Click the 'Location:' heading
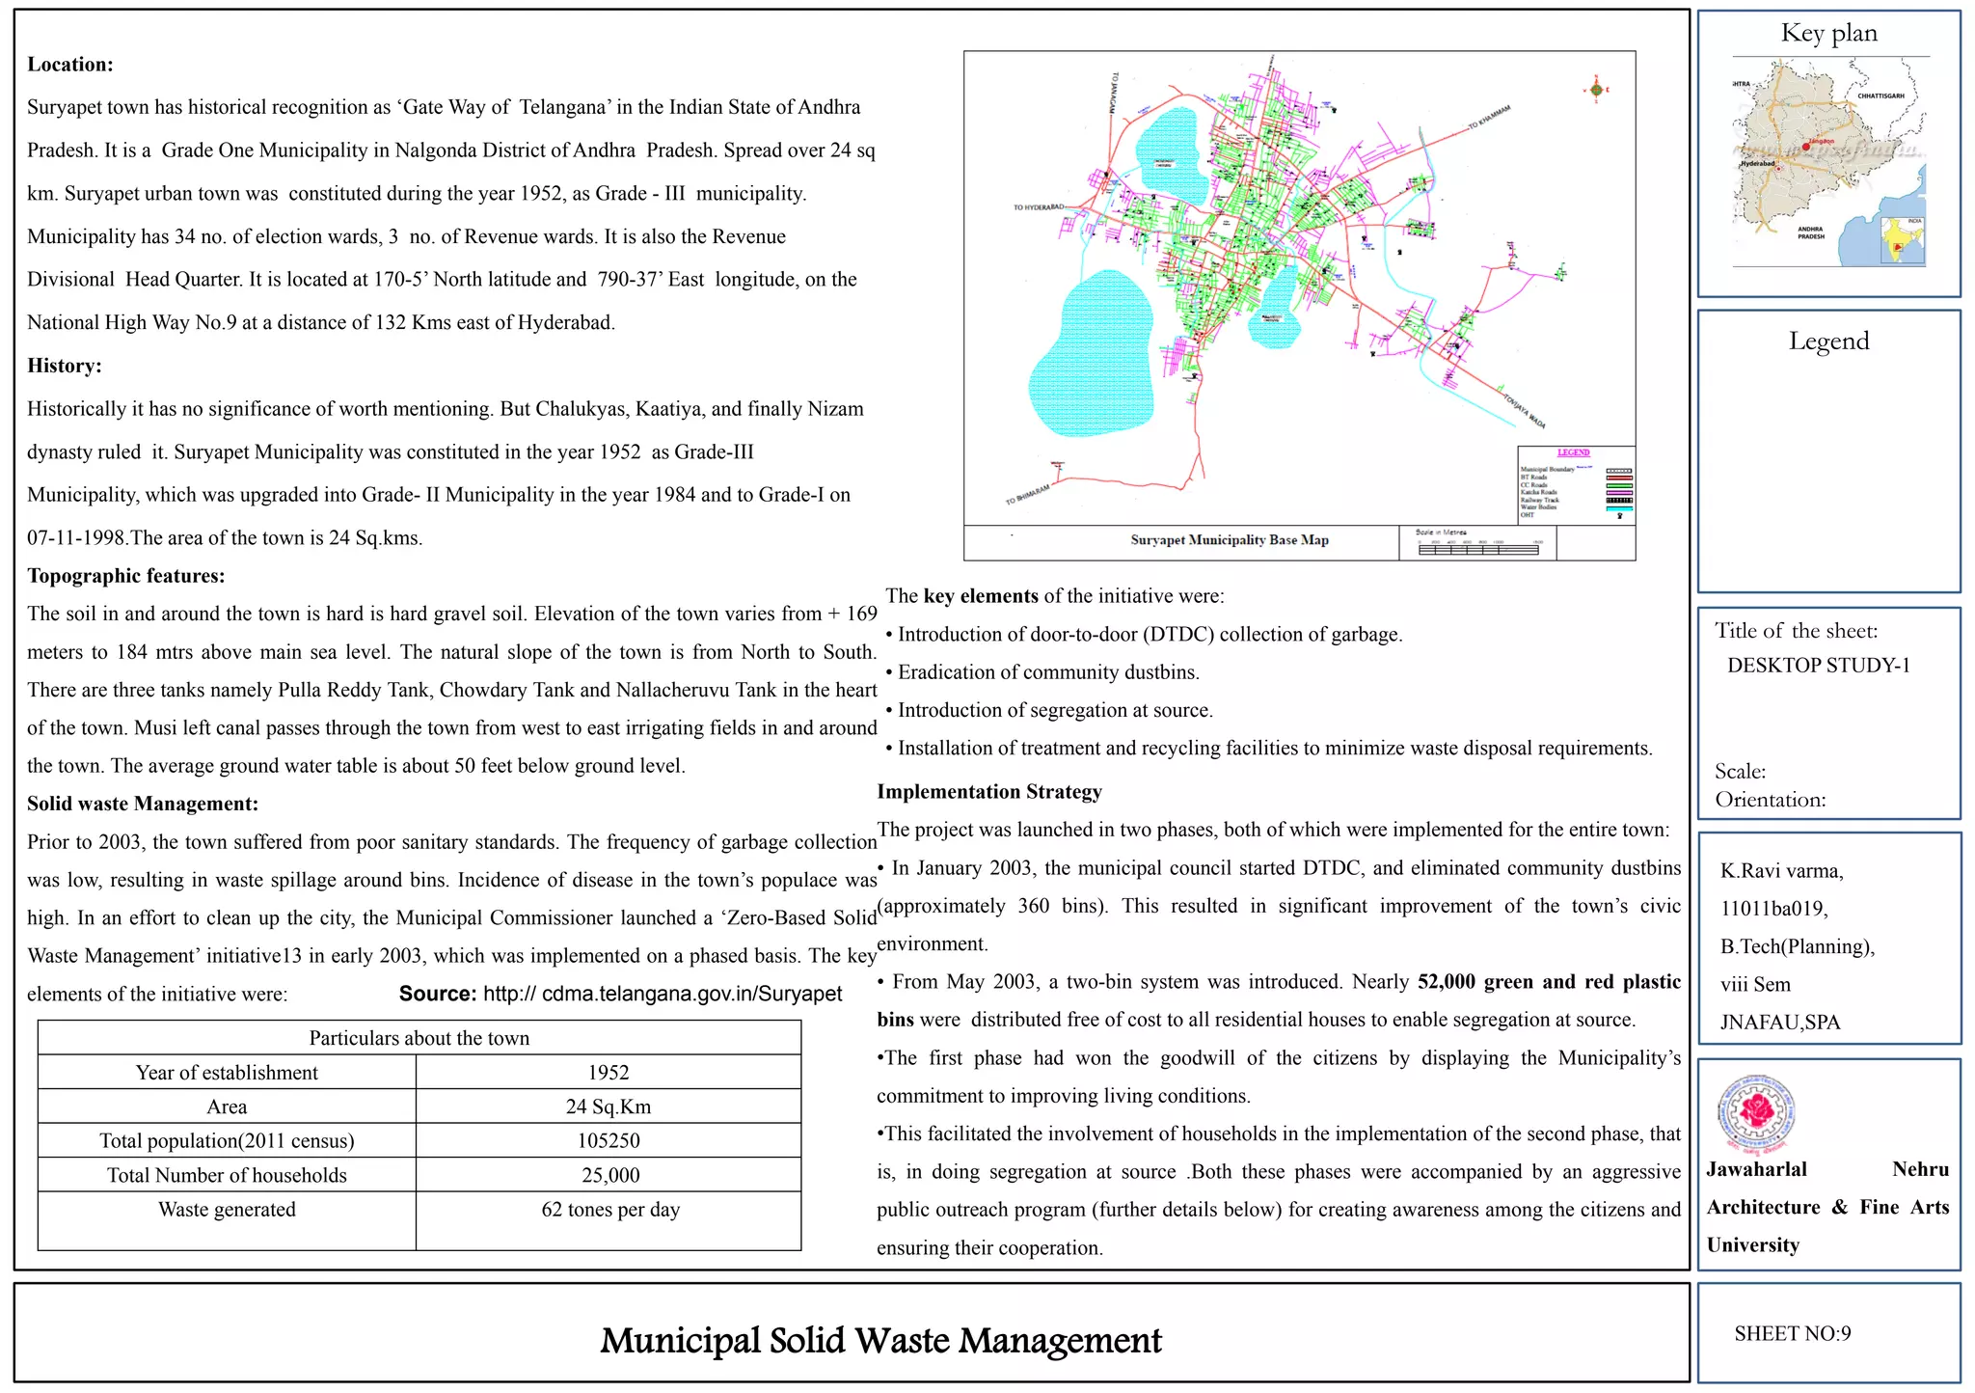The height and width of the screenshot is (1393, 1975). (70, 65)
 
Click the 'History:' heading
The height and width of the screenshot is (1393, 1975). (65, 366)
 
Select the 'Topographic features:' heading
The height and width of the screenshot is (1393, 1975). (126, 576)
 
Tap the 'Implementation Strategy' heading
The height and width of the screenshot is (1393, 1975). (989, 792)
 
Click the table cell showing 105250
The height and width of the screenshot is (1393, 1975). (609, 1140)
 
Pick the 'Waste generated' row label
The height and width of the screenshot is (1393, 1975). (227, 1210)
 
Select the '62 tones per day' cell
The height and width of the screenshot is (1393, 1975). (610, 1210)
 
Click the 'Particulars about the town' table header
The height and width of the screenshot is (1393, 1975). (419, 1038)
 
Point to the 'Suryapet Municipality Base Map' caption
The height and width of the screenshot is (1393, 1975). (1230, 540)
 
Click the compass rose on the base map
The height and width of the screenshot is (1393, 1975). (1596, 91)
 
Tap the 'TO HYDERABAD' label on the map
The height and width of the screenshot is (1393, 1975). (1038, 207)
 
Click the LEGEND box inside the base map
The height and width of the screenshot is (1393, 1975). (1576, 484)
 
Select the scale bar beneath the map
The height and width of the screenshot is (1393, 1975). (1477, 549)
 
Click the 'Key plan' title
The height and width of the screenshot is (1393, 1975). (1828, 34)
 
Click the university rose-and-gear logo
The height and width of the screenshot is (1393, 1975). (1758, 1114)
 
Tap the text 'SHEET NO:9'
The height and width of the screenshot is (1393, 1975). (1792, 1333)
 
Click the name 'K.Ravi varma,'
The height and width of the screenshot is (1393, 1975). (1781, 871)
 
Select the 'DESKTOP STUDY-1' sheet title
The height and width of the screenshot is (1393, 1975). (1818, 666)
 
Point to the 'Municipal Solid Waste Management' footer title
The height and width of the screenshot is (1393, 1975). (880, 1340)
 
